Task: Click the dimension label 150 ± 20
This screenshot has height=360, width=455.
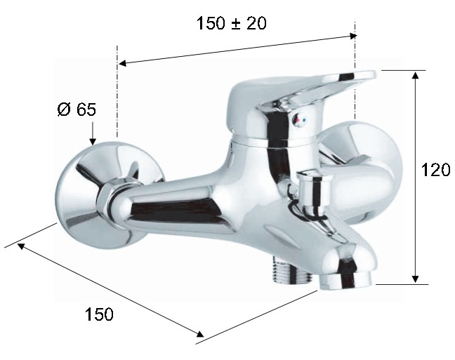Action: point(231,23)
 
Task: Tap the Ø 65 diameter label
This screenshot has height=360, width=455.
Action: point(77,109)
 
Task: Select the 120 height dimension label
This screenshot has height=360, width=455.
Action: point(435,170)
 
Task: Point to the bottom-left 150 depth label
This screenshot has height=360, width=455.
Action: point(99,314)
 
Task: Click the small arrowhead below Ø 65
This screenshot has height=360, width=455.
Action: point(93,141)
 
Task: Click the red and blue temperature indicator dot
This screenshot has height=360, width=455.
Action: point(298,119)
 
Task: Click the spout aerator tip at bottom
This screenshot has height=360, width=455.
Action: point(345,281)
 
